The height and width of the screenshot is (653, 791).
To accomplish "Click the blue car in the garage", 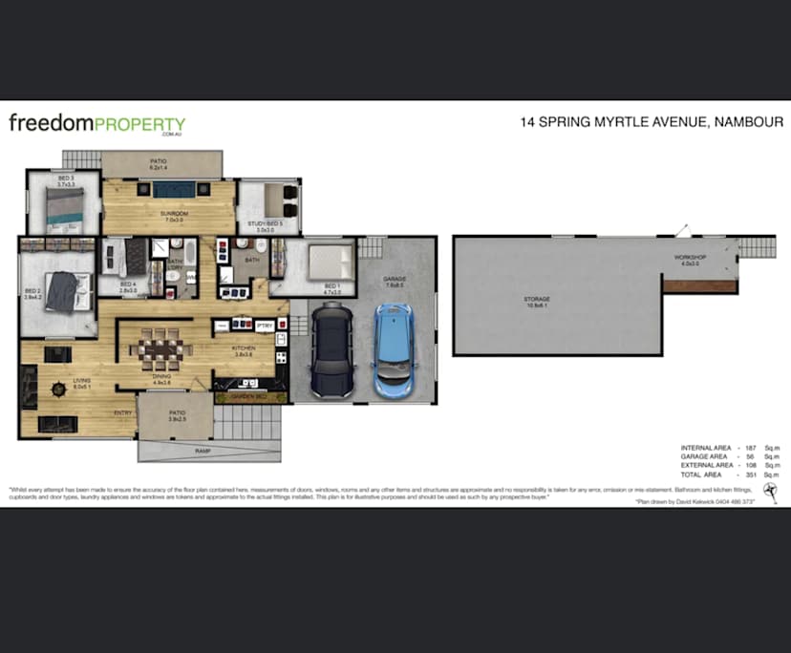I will coord(392,349).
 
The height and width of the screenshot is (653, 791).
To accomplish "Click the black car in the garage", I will coord(331,349).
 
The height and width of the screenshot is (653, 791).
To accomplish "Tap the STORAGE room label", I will coord(536,299).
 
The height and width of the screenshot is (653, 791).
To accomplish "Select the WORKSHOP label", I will coord(686,258).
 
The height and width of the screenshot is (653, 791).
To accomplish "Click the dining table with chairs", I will coord(161,349).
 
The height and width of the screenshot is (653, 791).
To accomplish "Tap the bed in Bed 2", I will coord(65,292).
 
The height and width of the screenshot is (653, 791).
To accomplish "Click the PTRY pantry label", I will coord(265,326).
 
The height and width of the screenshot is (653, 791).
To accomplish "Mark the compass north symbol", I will coord(770,489).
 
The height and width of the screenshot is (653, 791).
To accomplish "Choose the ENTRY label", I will coord(123,412).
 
